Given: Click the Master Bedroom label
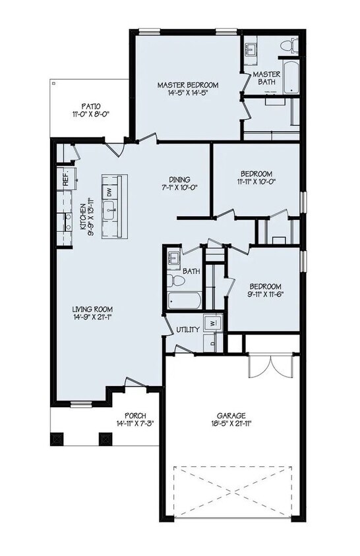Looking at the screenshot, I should click(188, 85).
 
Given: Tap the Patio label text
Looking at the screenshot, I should click(91, 105).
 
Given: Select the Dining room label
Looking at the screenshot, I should click(179, 179).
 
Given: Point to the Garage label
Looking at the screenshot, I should click(231, 416).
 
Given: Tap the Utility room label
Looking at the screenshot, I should click(188, 329).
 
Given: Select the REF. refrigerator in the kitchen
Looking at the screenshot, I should click(66, 177).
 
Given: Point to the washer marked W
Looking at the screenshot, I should click(213, 323).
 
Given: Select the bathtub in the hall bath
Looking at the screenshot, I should click(185, 301).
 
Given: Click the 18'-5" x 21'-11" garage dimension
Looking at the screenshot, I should click(231, 425).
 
